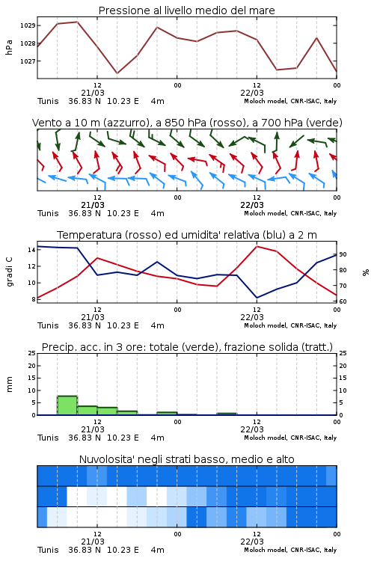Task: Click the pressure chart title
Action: [186, 10]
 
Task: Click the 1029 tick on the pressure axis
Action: [28, 25]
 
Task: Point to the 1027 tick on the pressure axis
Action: [28, 61]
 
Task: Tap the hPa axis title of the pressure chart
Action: [9, 47]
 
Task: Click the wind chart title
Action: [187, 123]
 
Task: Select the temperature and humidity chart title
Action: [187, 235]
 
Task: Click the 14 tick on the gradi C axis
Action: [31, 250]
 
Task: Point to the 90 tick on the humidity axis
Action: [343, 254]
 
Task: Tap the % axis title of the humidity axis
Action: [366, 272]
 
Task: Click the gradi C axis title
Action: [9, 272]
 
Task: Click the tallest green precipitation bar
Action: [67, 405]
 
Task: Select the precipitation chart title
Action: [187, 347]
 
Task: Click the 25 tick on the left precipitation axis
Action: [32, 353]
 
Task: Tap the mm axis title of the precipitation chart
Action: [9, 384]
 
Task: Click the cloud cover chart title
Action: [186, 459]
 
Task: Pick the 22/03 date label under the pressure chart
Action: [252, 93]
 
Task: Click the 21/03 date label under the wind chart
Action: [93, 205]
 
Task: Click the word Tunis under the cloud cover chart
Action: [48, 550]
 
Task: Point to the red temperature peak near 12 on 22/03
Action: [257, 246]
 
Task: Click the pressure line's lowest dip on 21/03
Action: [117, 73]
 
